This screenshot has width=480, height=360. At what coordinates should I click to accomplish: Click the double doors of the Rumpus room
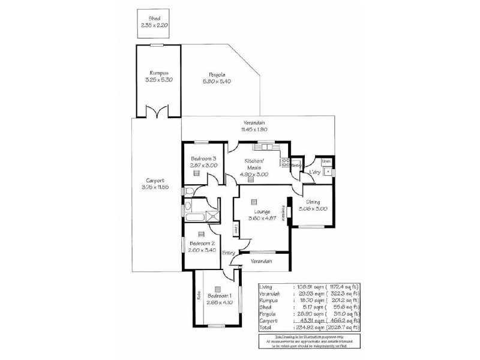click(158, 112)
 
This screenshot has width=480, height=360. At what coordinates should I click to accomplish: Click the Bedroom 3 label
click(196, 158)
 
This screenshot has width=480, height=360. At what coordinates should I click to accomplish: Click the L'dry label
click(314, 173)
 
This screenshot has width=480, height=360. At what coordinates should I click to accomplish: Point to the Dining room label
click(313, 202)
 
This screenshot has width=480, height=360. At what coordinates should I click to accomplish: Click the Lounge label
click(261, 212)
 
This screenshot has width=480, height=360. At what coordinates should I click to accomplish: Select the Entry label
click(229, 253)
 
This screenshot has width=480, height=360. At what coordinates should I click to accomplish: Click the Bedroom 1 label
click(218, 296)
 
